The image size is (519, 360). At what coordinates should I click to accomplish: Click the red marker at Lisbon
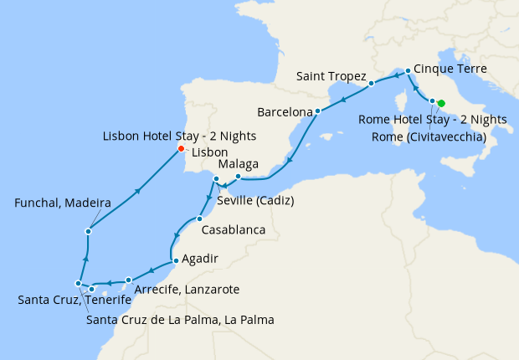[x=181, y=149]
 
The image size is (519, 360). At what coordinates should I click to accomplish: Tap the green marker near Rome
[x=441, y=104]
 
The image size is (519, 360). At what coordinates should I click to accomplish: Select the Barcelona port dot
[x=318, y=111]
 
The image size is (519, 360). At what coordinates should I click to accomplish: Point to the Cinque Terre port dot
[x=408, y=71]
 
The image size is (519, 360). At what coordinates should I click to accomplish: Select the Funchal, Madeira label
[x=63, y=203]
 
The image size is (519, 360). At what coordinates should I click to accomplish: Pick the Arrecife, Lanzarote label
[x=187, y=290]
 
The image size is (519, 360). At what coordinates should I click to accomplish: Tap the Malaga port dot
[x=238, y=177]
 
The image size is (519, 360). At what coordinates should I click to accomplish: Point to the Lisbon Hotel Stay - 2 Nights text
[x=179, y=136]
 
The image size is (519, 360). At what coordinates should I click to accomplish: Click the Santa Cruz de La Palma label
[x=180, y=320]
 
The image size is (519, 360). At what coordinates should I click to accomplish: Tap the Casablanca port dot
[x=199, y=219]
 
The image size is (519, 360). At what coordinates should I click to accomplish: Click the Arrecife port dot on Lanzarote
[x=128, y=280]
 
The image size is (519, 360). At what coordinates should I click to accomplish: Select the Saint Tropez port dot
[x=371, y=84]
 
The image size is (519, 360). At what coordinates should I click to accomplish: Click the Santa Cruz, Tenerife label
[x=74, y=300]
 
